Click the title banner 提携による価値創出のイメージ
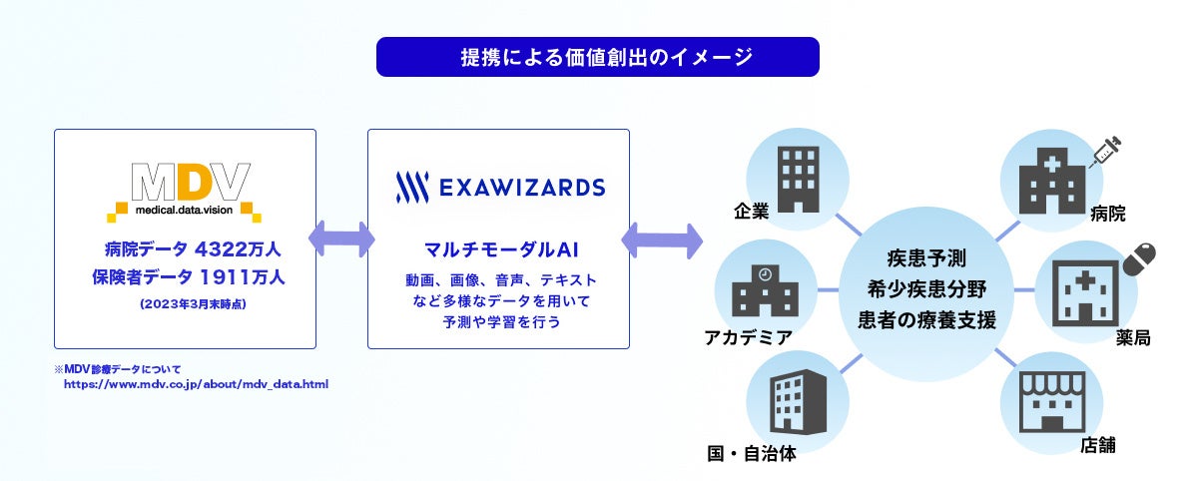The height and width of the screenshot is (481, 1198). pyautogui.click(x=597, y=57)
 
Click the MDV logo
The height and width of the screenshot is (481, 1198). pyautogui.click(x=185, y=191)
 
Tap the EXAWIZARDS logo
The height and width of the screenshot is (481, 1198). pyautogui.click(x=499, y=187)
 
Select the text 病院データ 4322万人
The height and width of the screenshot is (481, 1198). pyautogui.click(x=185, y=249)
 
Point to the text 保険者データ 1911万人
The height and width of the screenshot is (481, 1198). pyautogui.click(x=185, y=276)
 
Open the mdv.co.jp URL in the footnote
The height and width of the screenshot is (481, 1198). pyautogui.click(x=196, y=383)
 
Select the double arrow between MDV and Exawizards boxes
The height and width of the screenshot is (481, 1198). pyautogui.click(x=341, y=240)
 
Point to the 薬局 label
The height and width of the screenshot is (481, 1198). pyautogui.click(x=1133, y=338)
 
